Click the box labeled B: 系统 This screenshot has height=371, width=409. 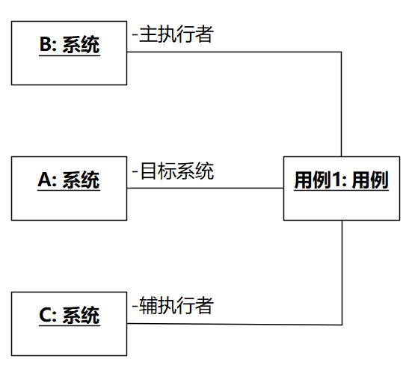click(69, 53)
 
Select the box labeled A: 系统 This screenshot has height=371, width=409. click(69, 188)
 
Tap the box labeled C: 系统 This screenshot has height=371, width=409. click(69, 324)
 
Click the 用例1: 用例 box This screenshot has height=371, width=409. click(342, 188)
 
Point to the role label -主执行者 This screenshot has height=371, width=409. click(173, 34)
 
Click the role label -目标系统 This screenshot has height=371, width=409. click(173, 171)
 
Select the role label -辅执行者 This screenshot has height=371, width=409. click(173, 305)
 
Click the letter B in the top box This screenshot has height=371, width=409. click(46, 44)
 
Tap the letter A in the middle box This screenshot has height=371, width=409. click(45, 180)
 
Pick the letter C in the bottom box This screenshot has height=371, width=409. click(46, 315)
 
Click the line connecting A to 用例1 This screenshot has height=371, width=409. click(206, 188)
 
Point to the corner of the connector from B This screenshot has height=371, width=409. click(341, 52)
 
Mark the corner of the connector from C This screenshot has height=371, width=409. click(342, 325)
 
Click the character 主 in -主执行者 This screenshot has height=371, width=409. click(149, 34)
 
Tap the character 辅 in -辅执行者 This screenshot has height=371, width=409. click(149, 305)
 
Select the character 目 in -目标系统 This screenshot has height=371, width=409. click(149, 171)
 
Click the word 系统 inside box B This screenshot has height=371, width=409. click(81, 45)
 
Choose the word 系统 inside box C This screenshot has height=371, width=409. click(81, 316)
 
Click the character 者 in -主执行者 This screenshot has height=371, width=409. click(205, 34)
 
